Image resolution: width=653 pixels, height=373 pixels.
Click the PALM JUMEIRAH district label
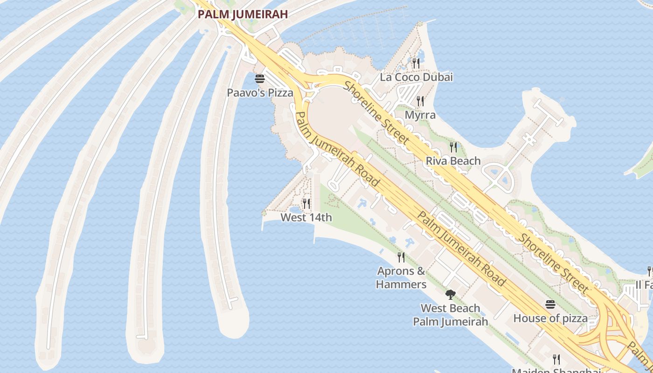243,14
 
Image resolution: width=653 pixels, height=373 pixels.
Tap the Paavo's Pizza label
260,92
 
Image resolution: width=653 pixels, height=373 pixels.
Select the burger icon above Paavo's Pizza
260,78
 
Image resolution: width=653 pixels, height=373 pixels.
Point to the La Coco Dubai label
416,77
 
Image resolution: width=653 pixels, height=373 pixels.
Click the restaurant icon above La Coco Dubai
416,62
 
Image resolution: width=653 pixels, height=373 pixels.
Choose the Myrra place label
420,115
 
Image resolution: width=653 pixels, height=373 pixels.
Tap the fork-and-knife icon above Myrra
420,101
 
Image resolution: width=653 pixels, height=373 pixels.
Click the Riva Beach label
453,161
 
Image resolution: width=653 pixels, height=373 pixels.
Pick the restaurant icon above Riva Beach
453,147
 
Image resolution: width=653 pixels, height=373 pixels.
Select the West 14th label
306,217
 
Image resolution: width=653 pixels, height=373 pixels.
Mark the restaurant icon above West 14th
306,203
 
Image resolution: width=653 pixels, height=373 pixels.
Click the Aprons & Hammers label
401,277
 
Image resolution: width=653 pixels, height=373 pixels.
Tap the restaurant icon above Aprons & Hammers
401,257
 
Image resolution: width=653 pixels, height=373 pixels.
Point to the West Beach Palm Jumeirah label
450,315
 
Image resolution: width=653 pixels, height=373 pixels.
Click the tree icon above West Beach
450,294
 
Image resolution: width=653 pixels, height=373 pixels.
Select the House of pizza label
550,318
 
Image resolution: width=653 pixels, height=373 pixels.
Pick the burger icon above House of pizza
550,304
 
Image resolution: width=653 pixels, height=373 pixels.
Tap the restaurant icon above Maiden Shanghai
556,359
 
